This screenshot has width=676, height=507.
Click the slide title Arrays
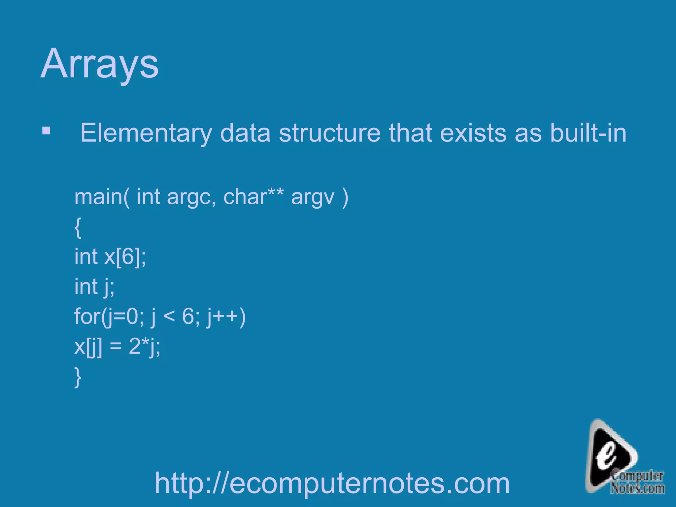[x=99, y=63]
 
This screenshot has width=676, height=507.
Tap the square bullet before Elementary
[x=47, y=131]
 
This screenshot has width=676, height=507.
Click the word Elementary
[x=146, y=133]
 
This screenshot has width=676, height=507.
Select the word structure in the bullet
[x=330, y=133]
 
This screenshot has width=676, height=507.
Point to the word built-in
[x=588, y=133]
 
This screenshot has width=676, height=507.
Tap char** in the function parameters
[x=253, y=197]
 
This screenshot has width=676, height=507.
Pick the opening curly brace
[x=78, y=227]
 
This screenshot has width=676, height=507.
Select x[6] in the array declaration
[x=123, y=257]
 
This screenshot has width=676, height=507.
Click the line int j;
[x=94, y=287]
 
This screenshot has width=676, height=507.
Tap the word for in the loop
[x=87, y=316]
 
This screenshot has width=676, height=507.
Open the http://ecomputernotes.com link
[x=332, y=483]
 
